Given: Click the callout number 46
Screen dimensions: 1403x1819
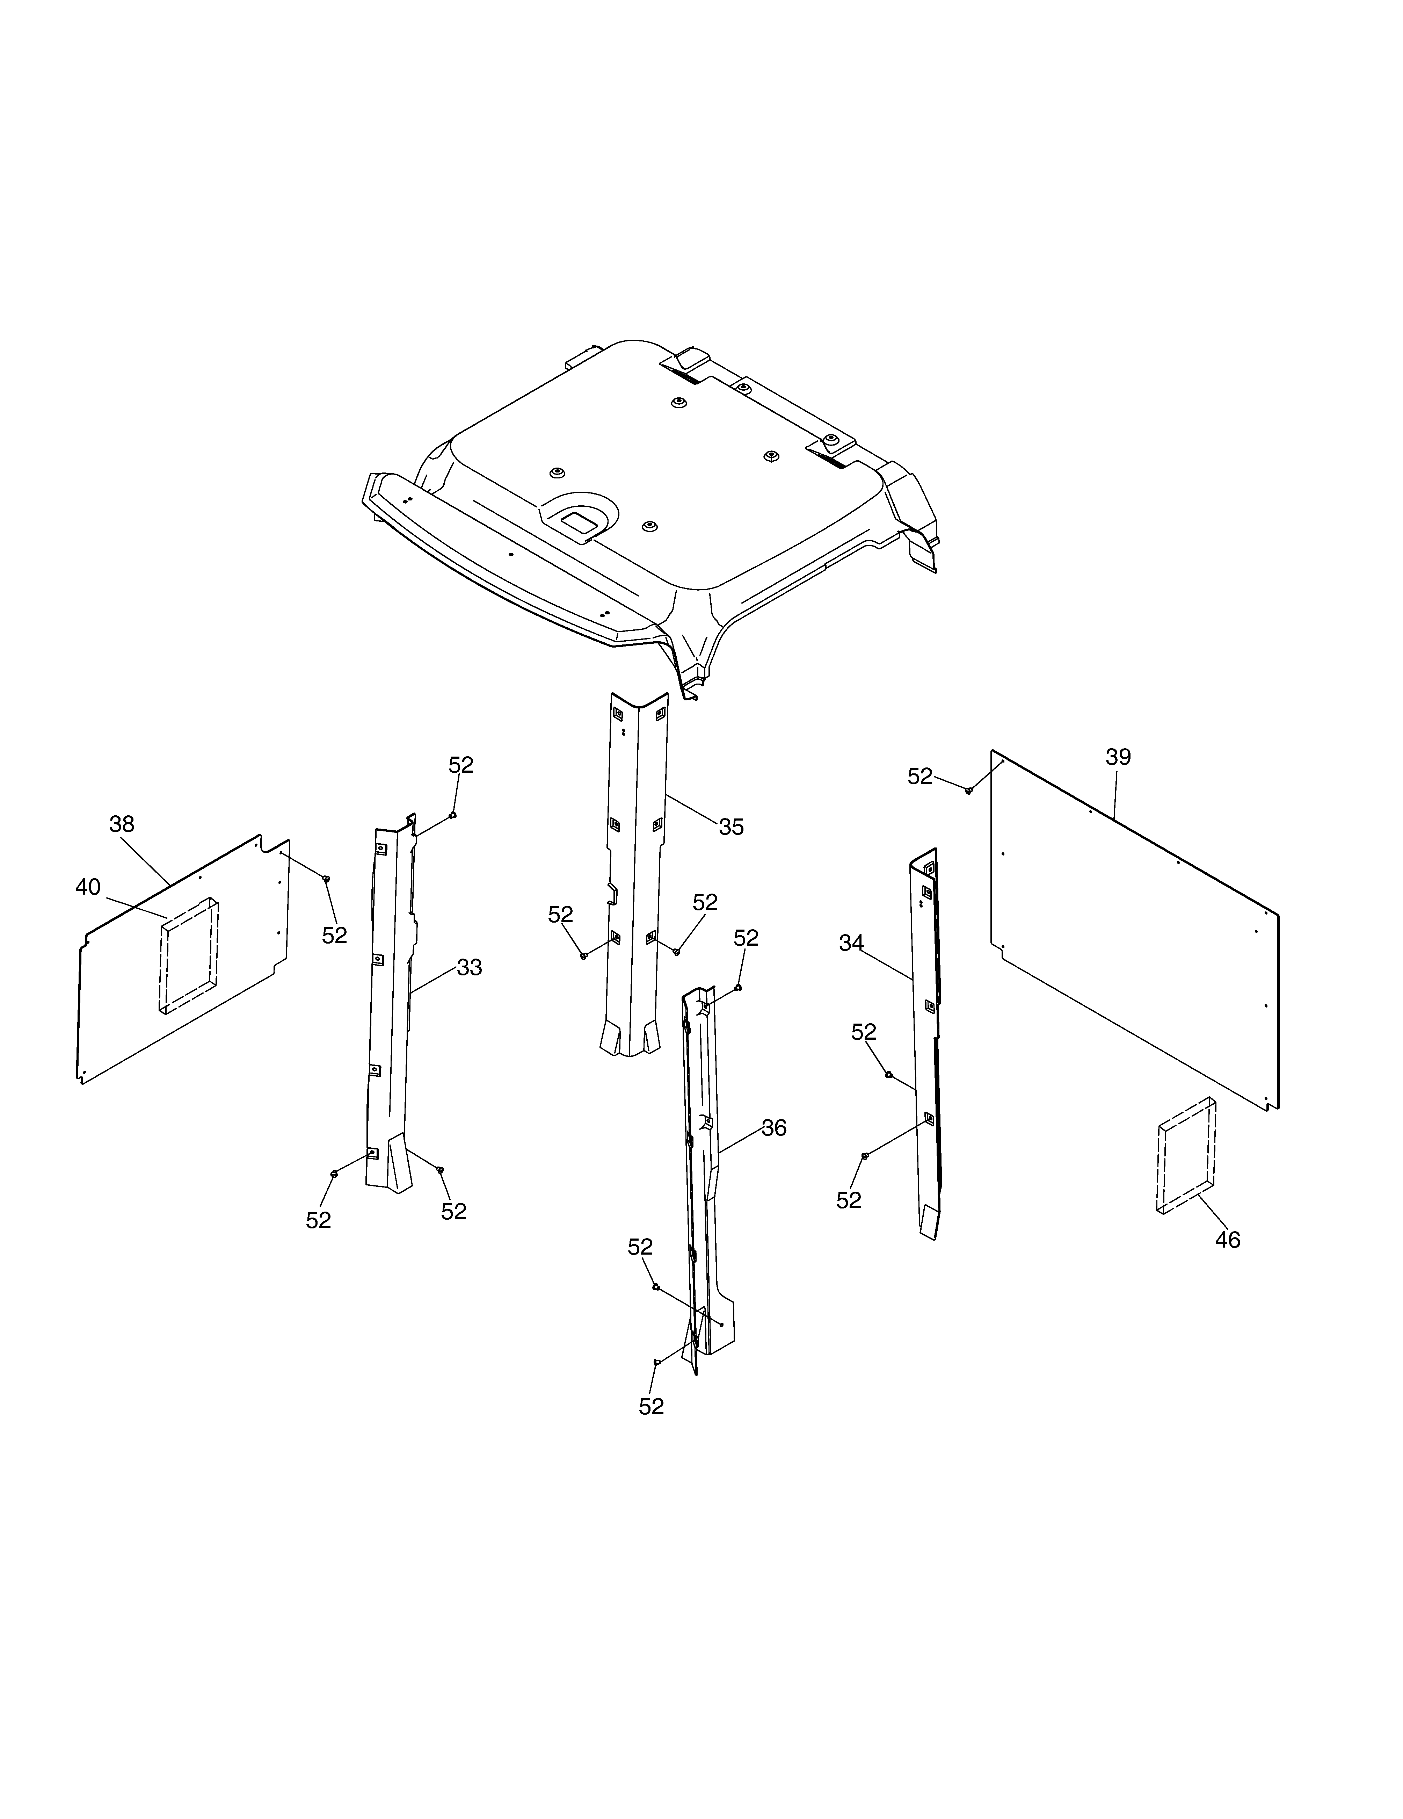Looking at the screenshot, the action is coord(1227,1263).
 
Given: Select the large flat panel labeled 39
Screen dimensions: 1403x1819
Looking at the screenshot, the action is coord(1134,929).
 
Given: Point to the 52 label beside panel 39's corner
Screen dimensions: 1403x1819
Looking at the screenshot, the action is coord(920,776).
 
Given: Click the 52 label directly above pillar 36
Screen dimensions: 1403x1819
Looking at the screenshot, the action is coord(746,938).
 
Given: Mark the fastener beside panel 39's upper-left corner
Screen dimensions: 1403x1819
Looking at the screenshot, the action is coord(968,789).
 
